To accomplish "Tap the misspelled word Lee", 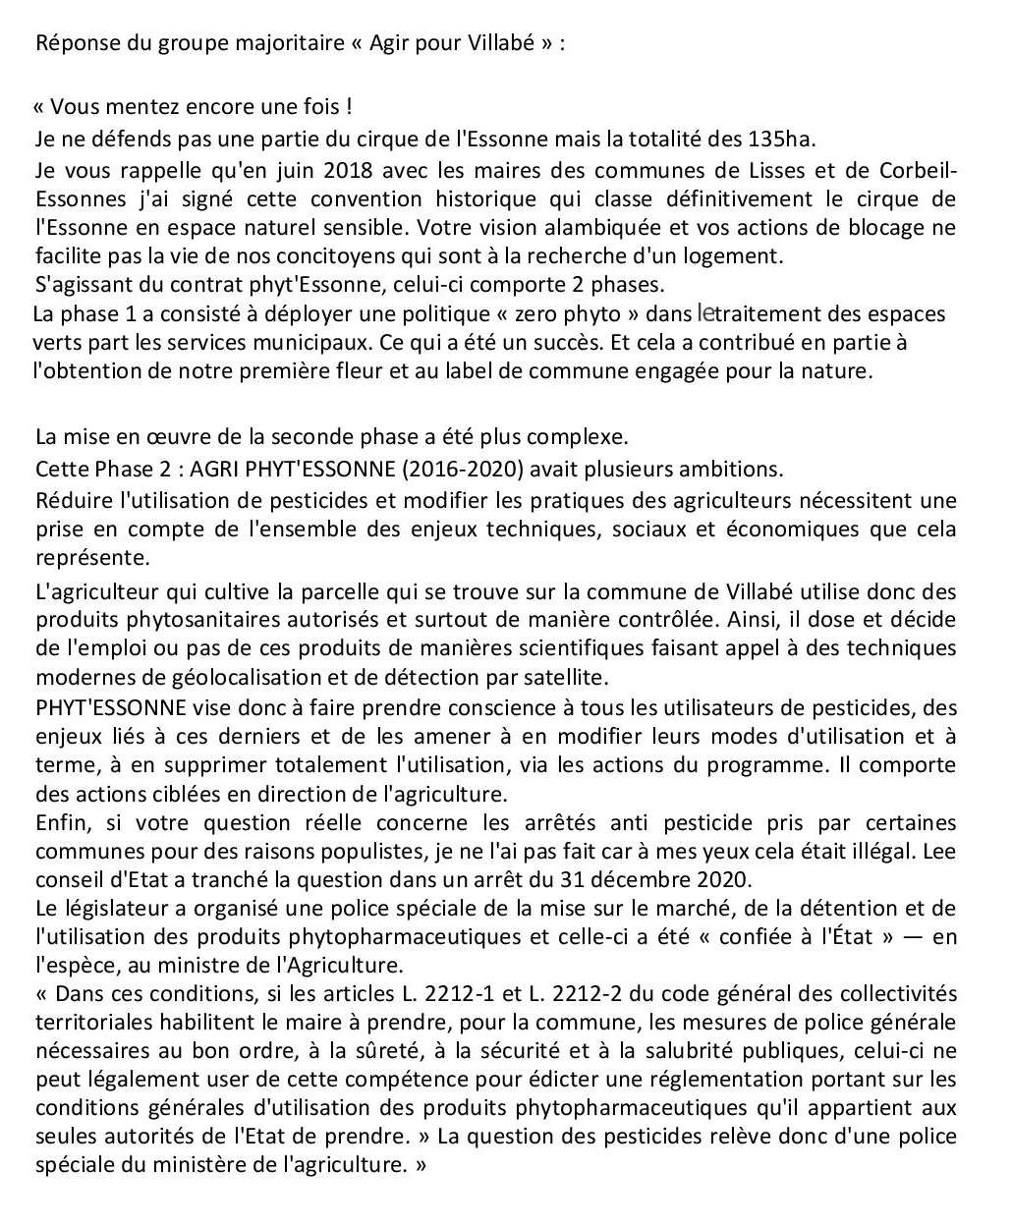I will coord(939,851).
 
